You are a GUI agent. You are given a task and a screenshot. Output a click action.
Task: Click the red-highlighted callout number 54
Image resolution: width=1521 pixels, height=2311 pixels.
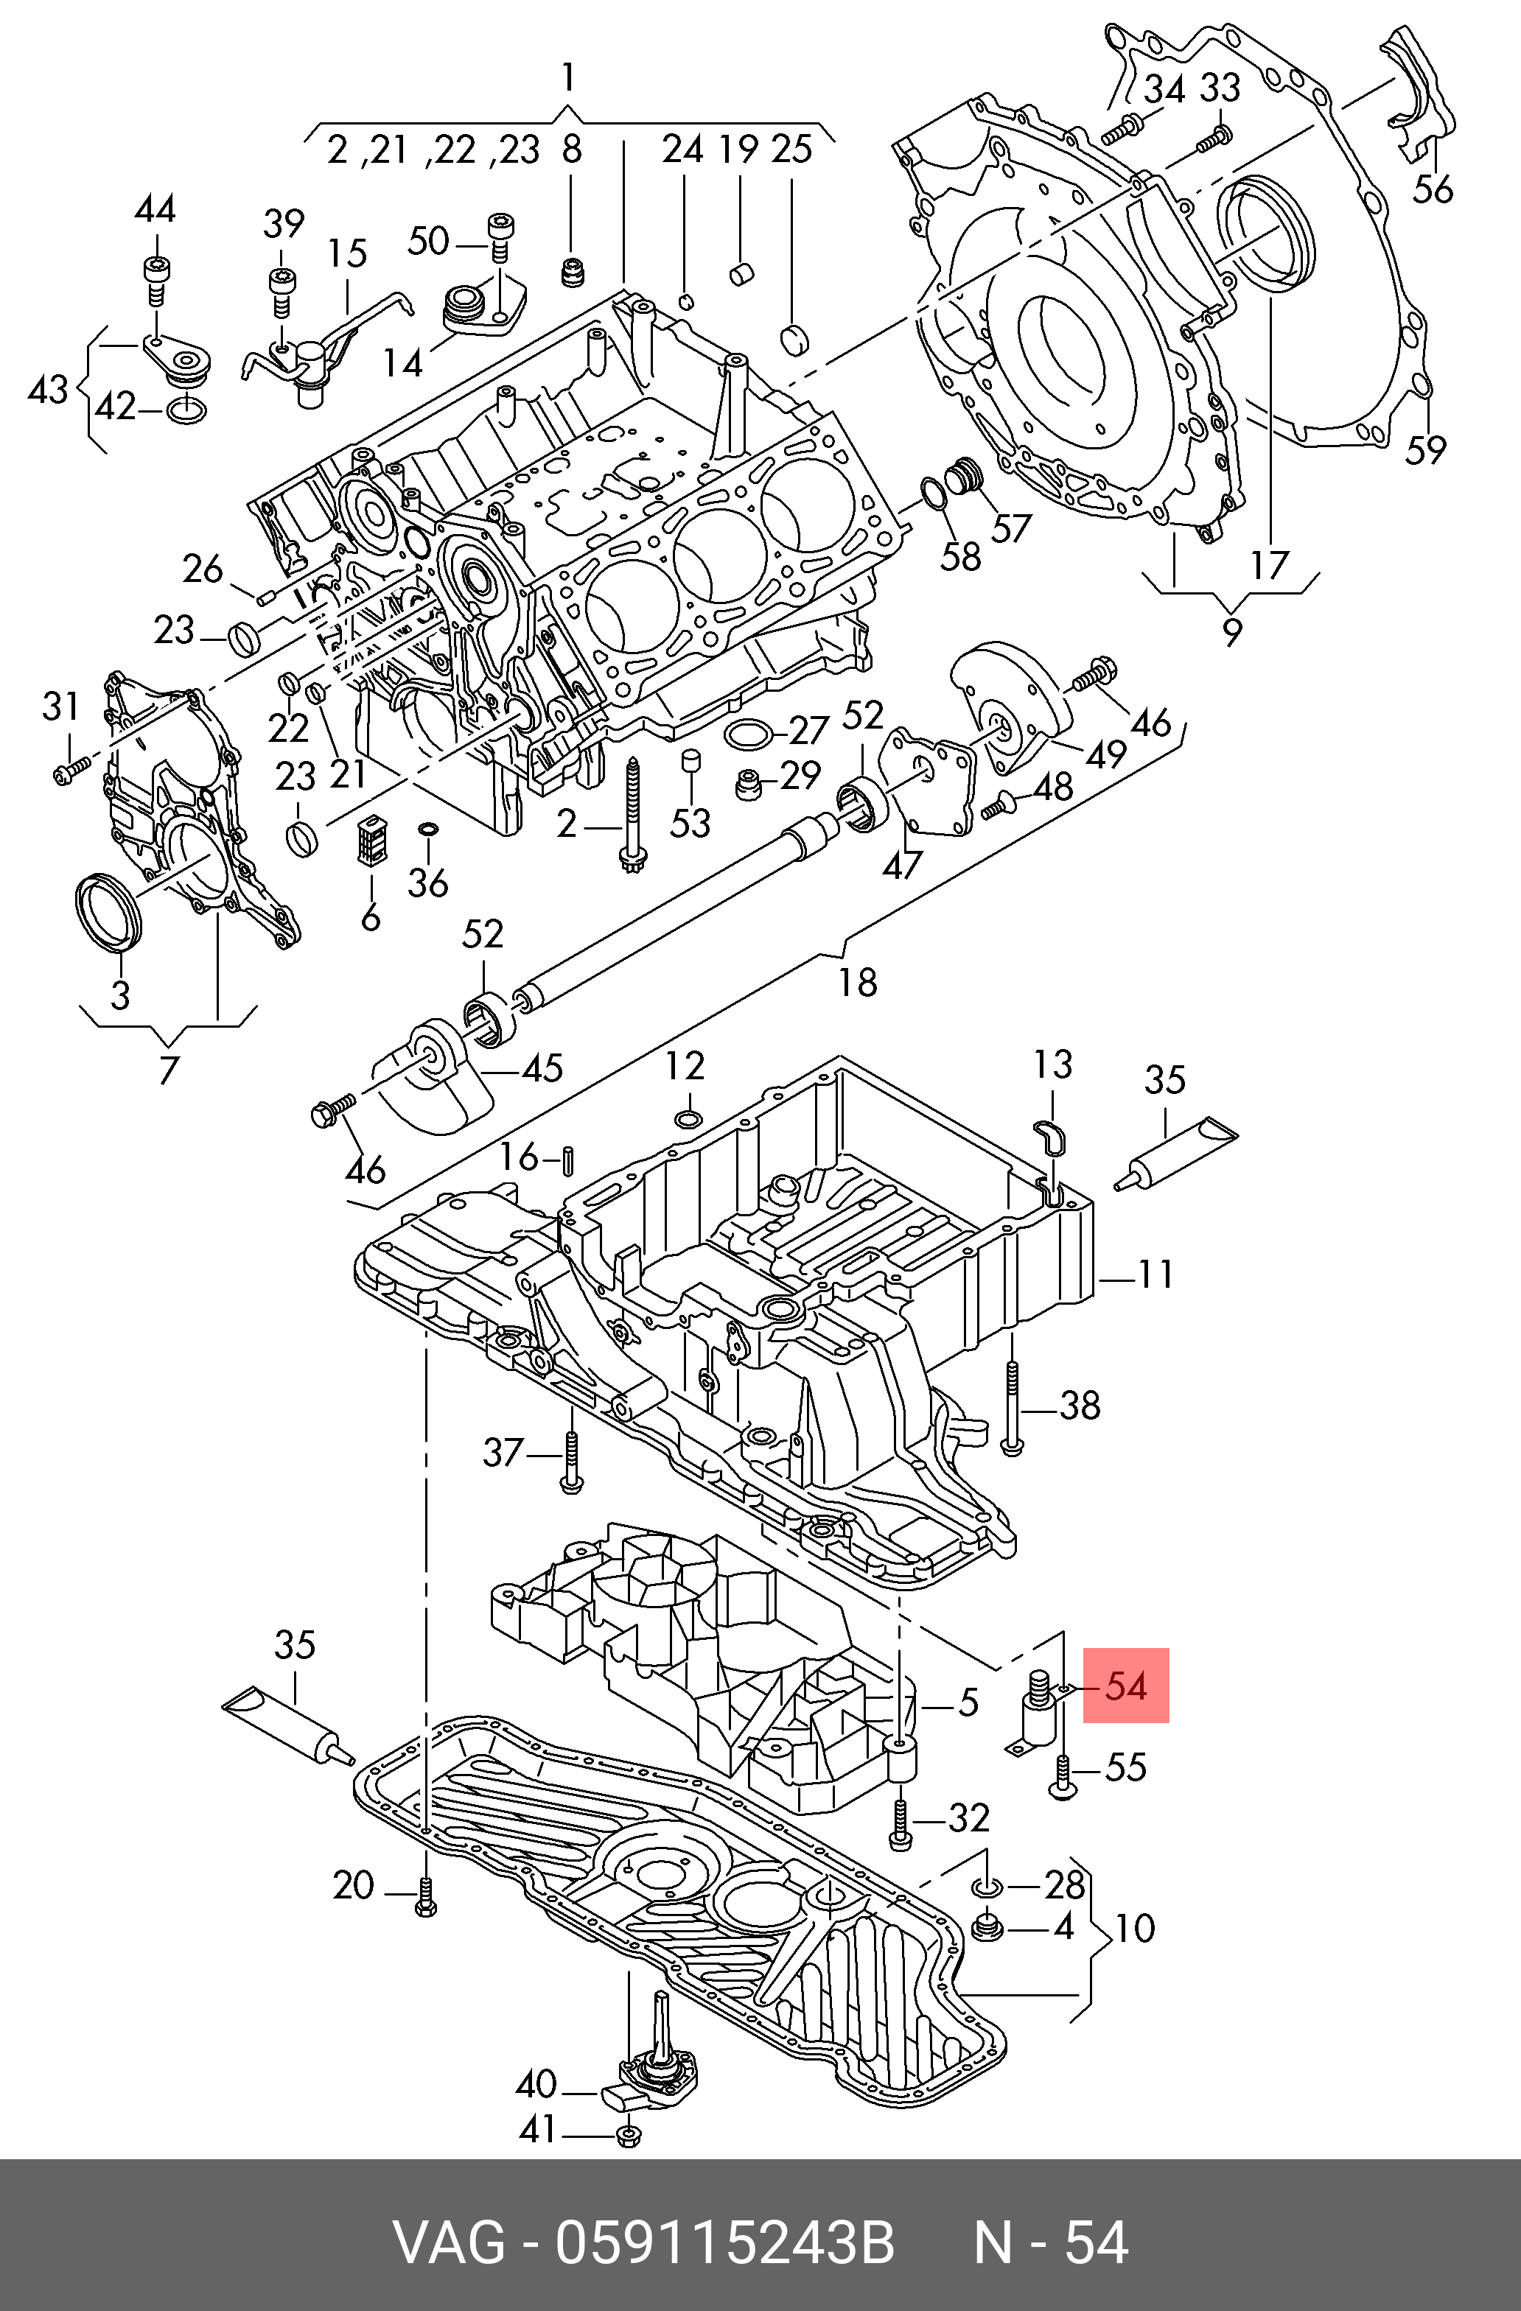[1126, 1686]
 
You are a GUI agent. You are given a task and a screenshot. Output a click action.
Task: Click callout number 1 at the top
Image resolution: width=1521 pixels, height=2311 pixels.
[568, 77]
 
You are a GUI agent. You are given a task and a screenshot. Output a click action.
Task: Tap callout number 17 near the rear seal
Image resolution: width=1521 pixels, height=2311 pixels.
[1268, 564]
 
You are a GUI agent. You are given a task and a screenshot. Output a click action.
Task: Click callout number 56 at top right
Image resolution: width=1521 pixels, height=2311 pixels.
[1433, 189]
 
